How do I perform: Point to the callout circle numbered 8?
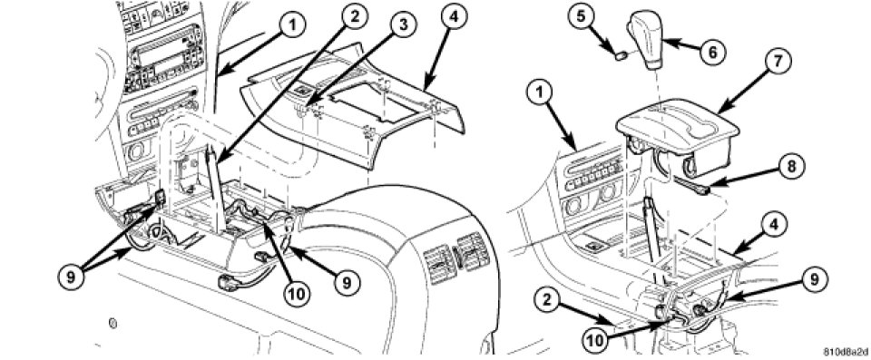[790, 167]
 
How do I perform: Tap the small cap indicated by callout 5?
[621, 55]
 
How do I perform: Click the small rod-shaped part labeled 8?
[690, 186]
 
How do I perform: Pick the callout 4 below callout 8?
[778, 226]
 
